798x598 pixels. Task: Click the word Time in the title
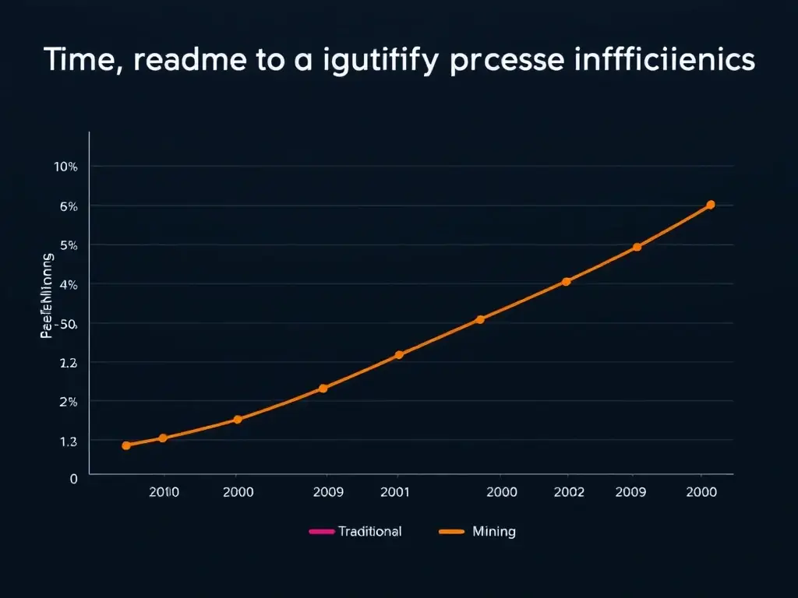tap(79, 61)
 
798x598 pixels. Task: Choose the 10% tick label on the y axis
tap(65, 167)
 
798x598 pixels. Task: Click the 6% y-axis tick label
tap(68, 206)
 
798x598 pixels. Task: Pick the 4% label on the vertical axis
tap(68, 285)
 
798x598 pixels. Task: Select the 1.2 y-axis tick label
tap(68, 363)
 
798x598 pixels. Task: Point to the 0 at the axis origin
tap(74, 479)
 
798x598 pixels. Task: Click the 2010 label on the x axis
tap(164, 492)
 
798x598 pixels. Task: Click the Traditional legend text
tap(370, 532)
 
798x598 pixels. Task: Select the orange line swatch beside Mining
tap(452, 532)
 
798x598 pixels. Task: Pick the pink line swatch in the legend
tap(321, 532)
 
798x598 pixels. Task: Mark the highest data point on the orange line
tap(710, 205)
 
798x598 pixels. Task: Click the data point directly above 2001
tap(399, 355)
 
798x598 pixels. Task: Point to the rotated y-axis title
tap(48, 295)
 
